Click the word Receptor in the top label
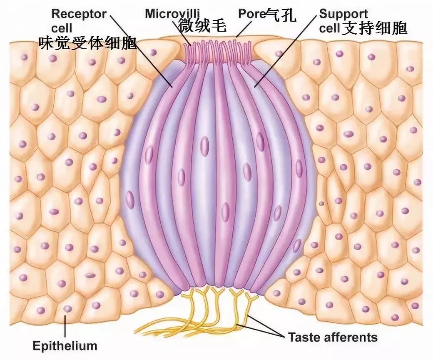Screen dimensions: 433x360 [x=79, y=14]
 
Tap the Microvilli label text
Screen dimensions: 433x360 [x=172, y=13]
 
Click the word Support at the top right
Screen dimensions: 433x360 [x=343, y=14]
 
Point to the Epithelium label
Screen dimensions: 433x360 [x=65, y=346]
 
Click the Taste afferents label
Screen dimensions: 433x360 [x=333, y=337]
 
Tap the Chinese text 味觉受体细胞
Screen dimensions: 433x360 [x=87, y=43]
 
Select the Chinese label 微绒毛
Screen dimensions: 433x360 [x=202, y=25]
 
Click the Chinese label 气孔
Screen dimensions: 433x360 [x=281, y=15]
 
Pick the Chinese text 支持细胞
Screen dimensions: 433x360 [x=375, y=28]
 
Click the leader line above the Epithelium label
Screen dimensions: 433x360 [x=65, y=326]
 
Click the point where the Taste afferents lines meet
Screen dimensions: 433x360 [x=284, y=336]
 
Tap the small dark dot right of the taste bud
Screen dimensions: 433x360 [x=321, y=204]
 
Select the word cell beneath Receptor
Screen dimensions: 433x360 [x=62, y=28]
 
